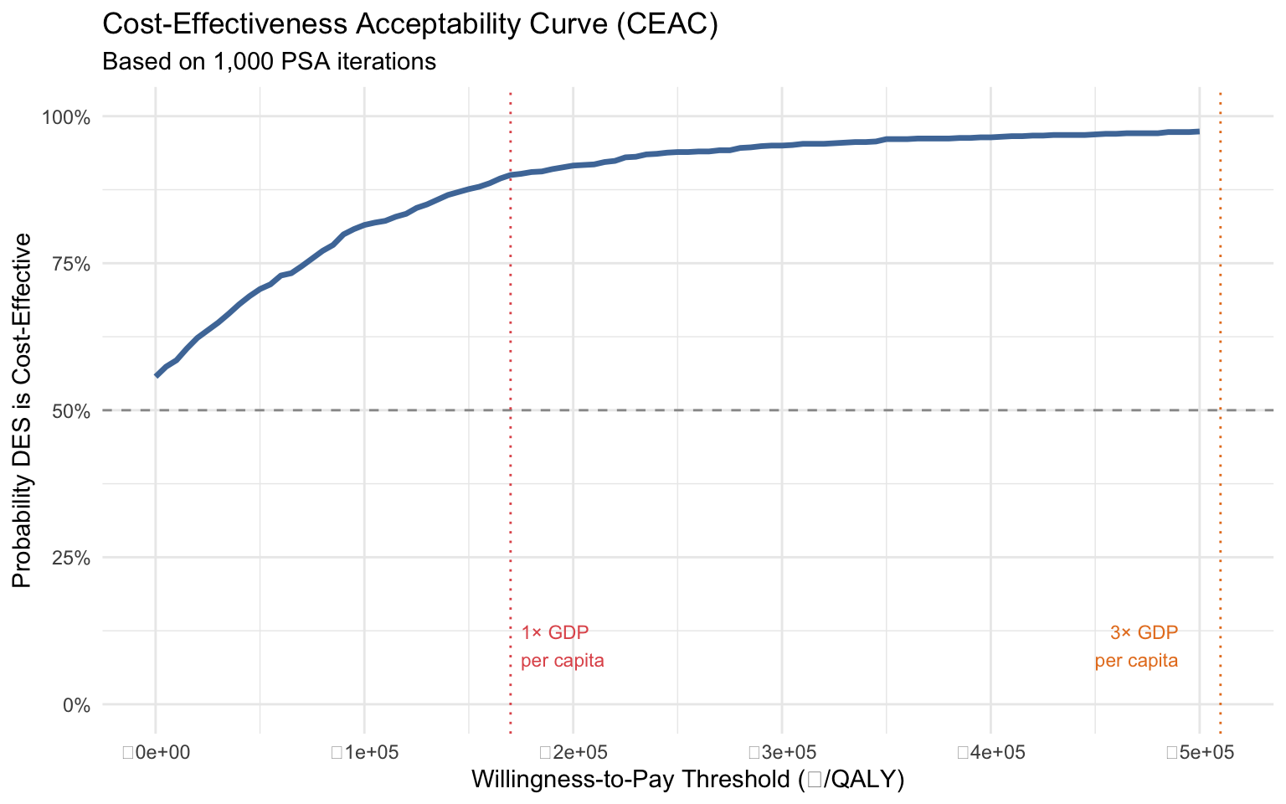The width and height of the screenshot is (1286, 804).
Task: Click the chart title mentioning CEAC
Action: pyautogui.click(x=410, y=25)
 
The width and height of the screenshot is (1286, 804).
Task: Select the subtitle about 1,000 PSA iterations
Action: pyautogui.click(x=269, y=62)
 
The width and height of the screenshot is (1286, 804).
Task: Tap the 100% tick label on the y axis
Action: pyautogui.click(x=65, y=116)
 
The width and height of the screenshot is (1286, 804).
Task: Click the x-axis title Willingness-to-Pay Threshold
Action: pyautogui.click(x=688, y=780)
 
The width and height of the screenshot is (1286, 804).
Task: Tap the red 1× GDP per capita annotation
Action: pyautogui.click(x=562, y=647)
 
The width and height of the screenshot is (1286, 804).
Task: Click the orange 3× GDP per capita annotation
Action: pyautogui.click(x=1137, y=647)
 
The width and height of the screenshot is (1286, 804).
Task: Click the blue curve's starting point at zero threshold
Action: pyautogui.click(x=157, y=375)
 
